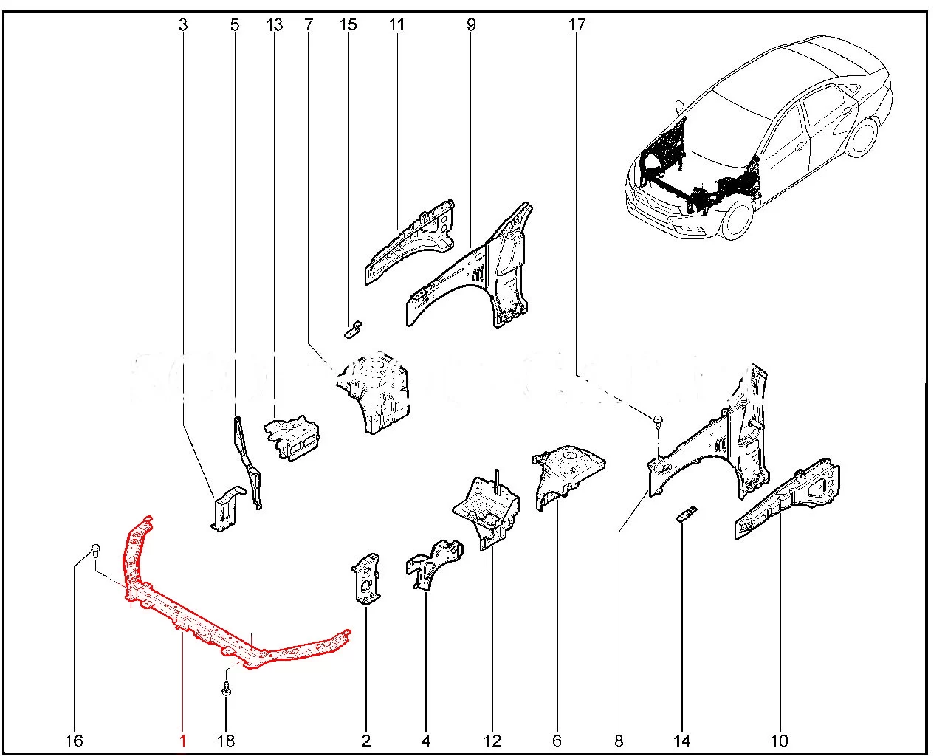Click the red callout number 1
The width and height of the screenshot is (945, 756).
click(x=182, y=740)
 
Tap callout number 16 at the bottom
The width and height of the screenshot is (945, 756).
click(x=76, y=740)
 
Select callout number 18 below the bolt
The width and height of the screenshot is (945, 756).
click(x=226, y=740)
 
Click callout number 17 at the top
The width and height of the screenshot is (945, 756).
click(x=577, y=24)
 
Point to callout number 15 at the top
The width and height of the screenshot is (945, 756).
click(x=348, y=24)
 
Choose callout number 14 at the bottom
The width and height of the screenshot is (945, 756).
click(x=681, y=740)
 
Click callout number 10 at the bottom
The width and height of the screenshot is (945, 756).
click(x=779, y=740)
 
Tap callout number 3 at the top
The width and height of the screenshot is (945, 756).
click(x=183, y=24)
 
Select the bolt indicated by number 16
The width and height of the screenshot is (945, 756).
click(x=96, y=549)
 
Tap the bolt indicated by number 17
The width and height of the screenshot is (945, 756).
click(x=657, y=421)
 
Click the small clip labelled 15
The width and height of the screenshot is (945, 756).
click(x=354, y=327)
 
